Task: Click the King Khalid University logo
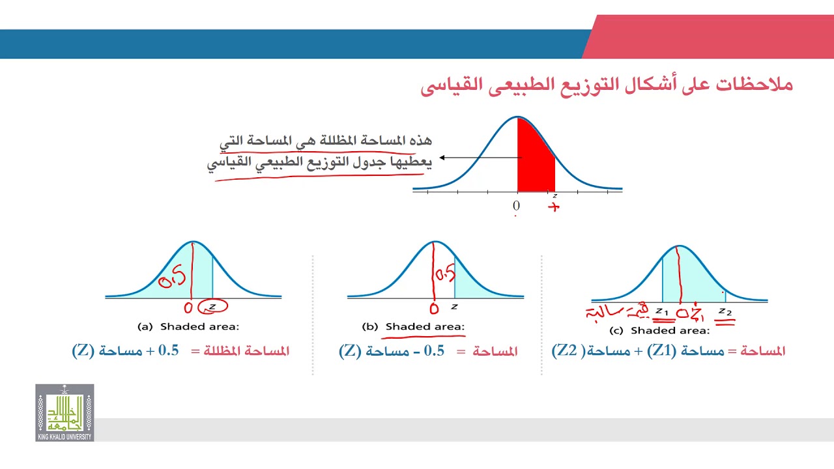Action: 65,412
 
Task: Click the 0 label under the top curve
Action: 516,206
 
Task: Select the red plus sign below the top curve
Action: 554,208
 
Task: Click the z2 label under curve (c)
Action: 725,311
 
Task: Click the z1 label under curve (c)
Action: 661,311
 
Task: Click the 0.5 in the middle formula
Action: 434,351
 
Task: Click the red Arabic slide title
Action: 606,85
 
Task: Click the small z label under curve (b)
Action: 454,306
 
